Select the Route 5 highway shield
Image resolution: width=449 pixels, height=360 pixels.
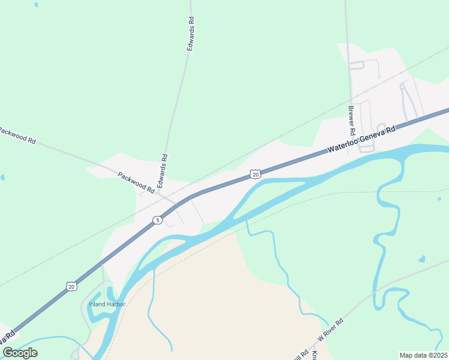point(157,220)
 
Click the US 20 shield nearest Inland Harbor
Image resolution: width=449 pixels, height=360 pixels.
point(71,286)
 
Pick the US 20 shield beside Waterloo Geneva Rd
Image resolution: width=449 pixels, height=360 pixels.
point(255,174)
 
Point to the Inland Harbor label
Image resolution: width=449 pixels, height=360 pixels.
point(107,304)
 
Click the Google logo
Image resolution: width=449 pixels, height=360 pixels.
point(20,352)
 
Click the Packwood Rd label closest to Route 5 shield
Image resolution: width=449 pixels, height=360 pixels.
point(136,185)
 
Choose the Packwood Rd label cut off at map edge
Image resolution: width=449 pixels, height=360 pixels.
point(17,136)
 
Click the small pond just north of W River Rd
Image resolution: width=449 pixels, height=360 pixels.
point(422,260)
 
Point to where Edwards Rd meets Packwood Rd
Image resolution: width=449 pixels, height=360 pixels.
point(160,194)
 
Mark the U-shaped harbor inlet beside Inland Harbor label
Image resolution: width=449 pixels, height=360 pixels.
point(110,295)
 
